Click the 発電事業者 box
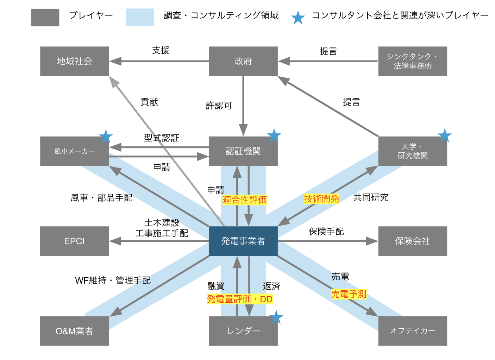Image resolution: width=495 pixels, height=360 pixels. pyautogui.click(x=243, y=241)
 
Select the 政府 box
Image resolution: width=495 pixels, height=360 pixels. pyautogui.click(x=243, y=61)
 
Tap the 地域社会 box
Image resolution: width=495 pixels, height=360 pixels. pyautogui.click(x=74, y=61)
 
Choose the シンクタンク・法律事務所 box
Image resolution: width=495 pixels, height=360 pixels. pyautogui.click(x=412, y=61)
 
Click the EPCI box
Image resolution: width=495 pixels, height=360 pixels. pyautogui.click(x=74, y=241)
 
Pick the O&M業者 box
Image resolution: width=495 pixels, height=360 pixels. pyautogui.click(x=74, y=331)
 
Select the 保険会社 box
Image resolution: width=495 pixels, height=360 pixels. pyautogui.click(x=412, y=241)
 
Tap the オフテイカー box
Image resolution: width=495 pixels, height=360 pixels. pyautogui.click(x=412, y=331)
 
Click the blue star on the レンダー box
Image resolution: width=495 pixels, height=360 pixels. pyautogui.click(x=276, y=317)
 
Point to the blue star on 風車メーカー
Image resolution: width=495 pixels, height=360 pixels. pyautogui.click(x=106, y=136)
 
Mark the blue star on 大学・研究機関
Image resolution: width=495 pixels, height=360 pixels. pyautogui.click(x=444, y=135)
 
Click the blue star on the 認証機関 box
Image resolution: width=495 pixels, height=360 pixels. pyautogui.click(x=274, y=135)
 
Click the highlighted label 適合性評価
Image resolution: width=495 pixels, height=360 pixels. pyautogui.click(x=244, y=200)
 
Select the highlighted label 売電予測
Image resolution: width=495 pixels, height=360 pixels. pyautogui.click(x=349, y=294)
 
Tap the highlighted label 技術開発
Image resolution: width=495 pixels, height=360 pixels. pyautogui.click(x=321, y=199)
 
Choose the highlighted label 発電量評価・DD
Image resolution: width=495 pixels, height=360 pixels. pyautogui.click(x=240, y=299)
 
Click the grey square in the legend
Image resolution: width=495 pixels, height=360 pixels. pyautogui.click(x=45, y=18)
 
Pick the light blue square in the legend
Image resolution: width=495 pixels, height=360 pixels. pyautogui.click(x=140, y=18)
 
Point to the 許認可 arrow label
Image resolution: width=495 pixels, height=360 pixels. pyautogui.click(x=219, y=106)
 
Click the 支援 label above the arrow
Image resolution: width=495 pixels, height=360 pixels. pyautogui.click(x=161, y=51)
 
